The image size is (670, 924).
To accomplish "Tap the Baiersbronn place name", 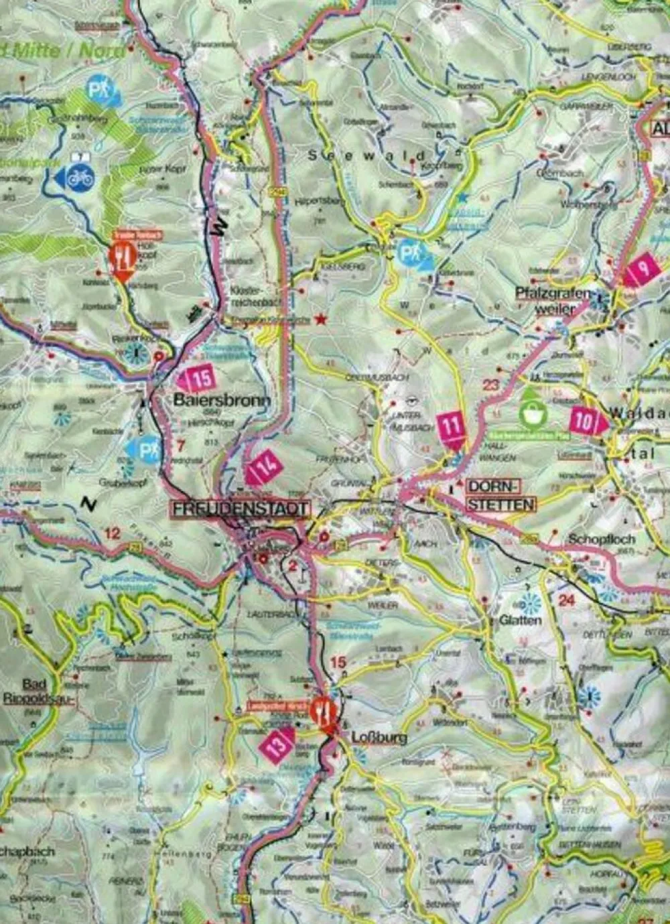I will coord(222,401).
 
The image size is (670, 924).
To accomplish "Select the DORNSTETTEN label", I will coord(500,496).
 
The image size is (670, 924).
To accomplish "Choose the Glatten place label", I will coord(520,620).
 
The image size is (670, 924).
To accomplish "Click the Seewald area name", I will coord(367,155).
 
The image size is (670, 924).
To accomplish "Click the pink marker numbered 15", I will coord(196,379).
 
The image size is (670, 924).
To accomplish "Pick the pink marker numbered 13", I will coord(278,743).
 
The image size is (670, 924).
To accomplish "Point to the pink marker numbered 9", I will coord(642,269).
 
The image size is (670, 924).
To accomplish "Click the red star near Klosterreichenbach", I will coord(322,320).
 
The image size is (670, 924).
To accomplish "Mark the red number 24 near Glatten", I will coord(567,600).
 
